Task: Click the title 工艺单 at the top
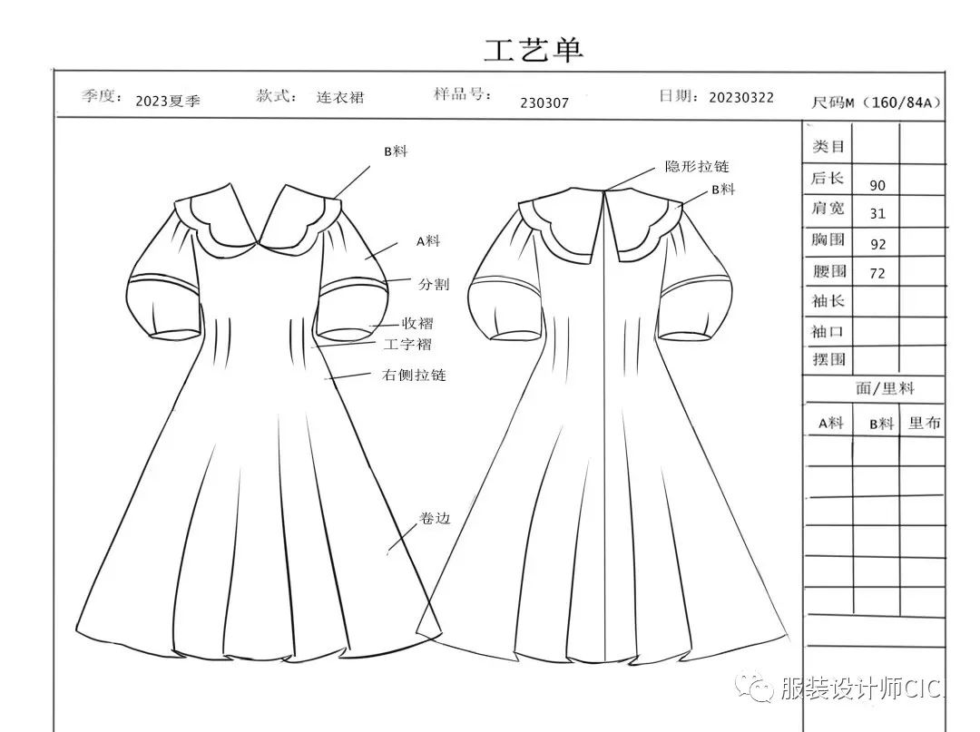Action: (533, 49)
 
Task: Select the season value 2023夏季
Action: (168, 101)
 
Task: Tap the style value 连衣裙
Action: (340, 97)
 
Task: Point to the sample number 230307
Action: (544, 102)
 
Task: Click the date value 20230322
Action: (741, 97)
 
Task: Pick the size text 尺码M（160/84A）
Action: (876, 102)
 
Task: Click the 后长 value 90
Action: (877, 185)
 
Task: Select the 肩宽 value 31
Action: (877, 214)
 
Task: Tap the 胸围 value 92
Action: (877, 244)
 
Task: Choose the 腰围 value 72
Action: (877, 273)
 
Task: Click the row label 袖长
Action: (828, 301)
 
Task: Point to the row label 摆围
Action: (828, 359)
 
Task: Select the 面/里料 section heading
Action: (885, 388)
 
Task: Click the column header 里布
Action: (925, 423)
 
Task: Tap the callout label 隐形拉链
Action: (697, 167)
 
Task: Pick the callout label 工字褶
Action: (407, 345)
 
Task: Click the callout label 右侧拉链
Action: (414, 375)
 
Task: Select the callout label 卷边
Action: (435, 519)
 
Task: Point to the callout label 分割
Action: (433, 284)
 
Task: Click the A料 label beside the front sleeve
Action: (428, 241)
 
